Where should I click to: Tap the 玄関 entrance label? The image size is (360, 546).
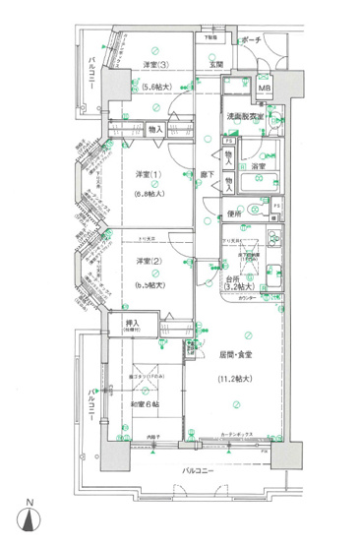click(x=215, y=65)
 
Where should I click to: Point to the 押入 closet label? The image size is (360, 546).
click(x=132, y=323)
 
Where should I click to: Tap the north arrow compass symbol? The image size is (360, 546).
click(x=30, y=523)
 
